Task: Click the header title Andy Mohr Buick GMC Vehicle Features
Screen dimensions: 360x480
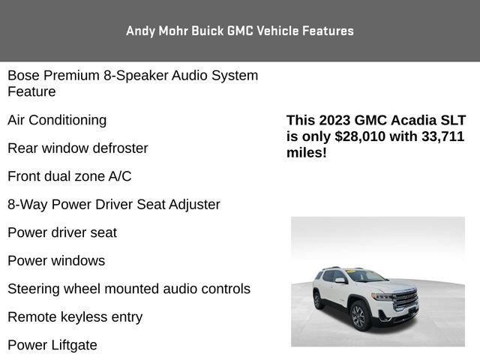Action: point(240,31)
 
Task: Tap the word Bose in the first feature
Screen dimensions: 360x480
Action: point(23,75)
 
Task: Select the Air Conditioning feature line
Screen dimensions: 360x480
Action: point(57,120)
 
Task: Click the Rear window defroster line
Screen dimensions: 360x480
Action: point(78,148)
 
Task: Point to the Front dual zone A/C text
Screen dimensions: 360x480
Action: point(70,176)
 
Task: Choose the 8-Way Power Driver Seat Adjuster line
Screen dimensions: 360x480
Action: point(114,204)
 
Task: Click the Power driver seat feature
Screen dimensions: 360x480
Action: point(62,232)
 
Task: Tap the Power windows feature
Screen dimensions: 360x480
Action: point(56,261)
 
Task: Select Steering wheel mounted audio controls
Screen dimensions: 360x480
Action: point(129,289)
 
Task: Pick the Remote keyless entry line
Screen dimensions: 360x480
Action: point(75,317)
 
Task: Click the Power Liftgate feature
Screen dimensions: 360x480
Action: point(52,345)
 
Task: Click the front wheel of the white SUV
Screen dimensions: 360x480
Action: point(358,316)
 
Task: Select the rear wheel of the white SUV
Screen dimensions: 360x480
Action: point(318,300)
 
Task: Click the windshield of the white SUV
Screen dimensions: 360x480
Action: point(367,277)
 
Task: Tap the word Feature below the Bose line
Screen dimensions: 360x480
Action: point(31,91)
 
